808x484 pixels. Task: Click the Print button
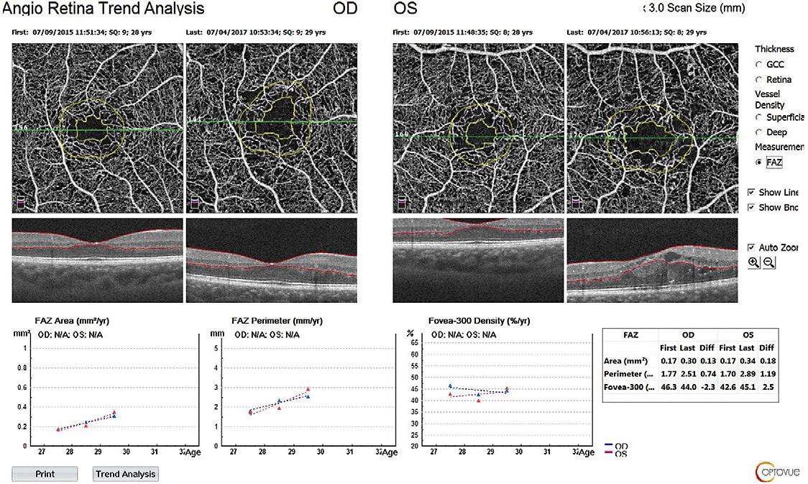click(x=44, y=474)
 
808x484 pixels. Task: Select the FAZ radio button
click(x=759, y=163)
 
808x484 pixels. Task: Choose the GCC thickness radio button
click(x=759, y=65)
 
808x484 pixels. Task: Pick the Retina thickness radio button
click(x=759, y=80)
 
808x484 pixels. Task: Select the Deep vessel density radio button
click(x=759, y=132)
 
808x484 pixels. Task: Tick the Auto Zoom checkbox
click(x=751, y=247)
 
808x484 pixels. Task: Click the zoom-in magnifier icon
click(x=753, y=263)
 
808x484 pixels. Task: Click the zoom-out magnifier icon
click(x=769, y=263)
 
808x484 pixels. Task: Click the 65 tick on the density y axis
click(x=413, y=343)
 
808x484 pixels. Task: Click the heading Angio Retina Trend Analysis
click(x=104, y=9)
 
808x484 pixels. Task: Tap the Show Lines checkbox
click(x=751, y=193)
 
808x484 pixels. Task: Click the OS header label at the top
click(x=405, y=9)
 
